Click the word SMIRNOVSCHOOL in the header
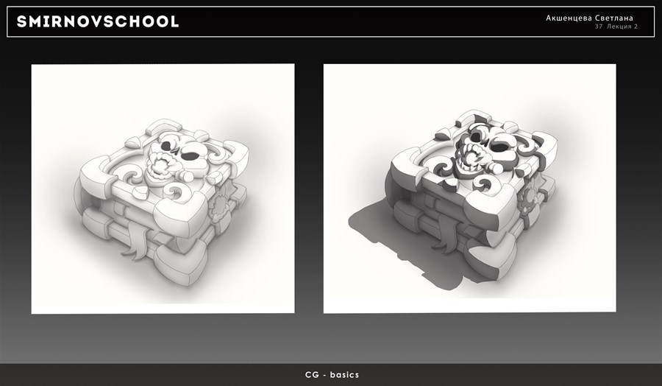click(x=98, y=21)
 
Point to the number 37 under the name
click(x=599, y=27)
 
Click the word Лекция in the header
click(x=619, y=27)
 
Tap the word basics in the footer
click(x=344, y=375)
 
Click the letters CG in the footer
click(x=311, y=375)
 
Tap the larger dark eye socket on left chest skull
click(x=190, y=156)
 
